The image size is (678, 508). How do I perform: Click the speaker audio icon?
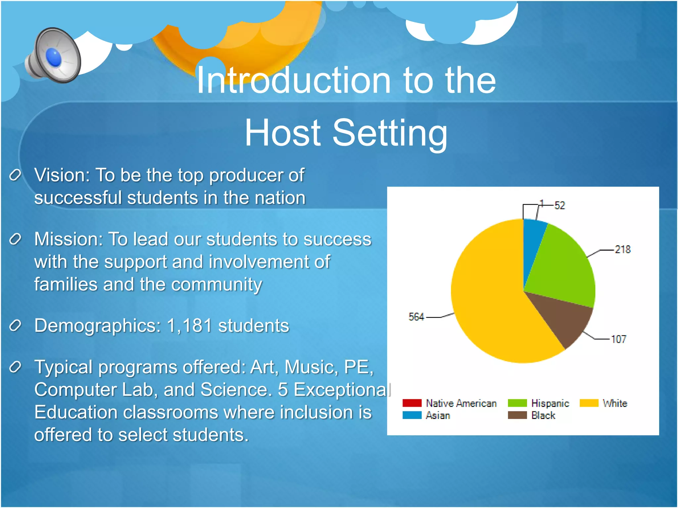[x=53, y=56]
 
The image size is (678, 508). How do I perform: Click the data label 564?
[x=416, y=317]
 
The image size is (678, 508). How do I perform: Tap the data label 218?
[x=622, y=249]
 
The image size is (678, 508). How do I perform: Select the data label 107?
[x=618, y=339]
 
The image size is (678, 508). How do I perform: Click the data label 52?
[x=559, y=205]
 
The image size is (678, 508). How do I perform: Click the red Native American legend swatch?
[x=412, y=403]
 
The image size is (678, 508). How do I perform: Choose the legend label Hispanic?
[x=550, y=403]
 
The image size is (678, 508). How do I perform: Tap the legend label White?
[x=615, y=403]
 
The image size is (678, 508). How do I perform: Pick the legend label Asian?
[x=438, y=415]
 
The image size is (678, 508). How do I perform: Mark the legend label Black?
[x=543, y=415]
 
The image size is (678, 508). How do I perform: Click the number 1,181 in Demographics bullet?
[x=189, y=325]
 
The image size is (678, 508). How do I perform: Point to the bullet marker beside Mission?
[x=15, y=239]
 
